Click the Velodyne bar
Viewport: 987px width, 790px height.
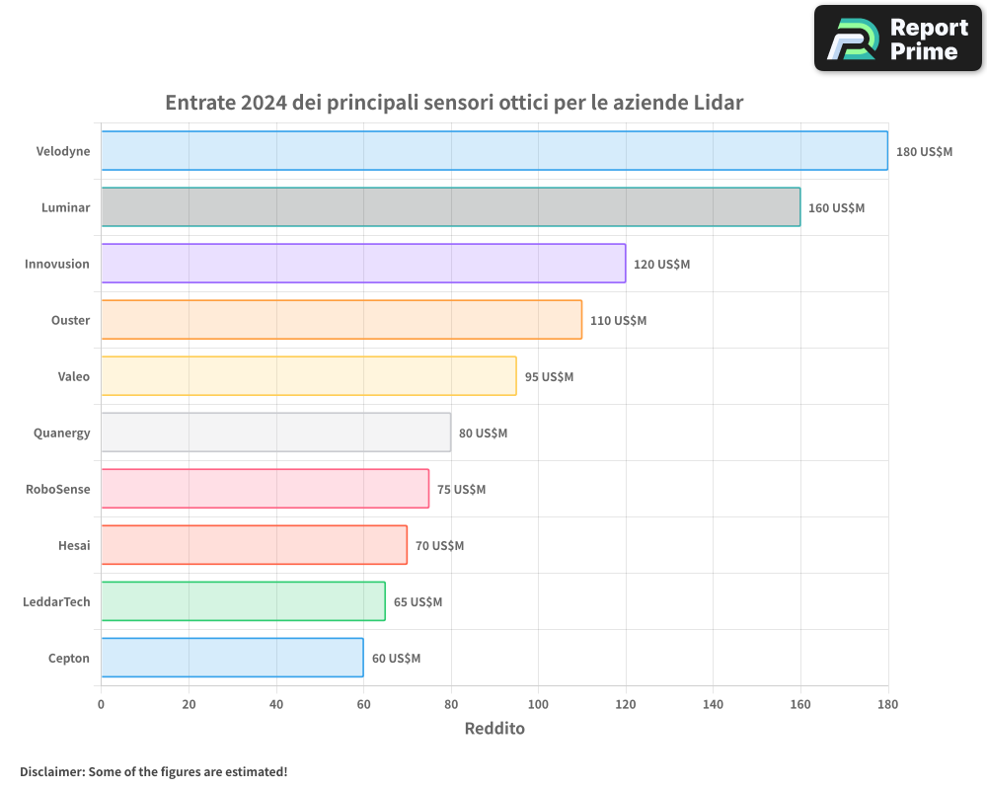point(493,151)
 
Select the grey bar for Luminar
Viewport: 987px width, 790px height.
point(450,207)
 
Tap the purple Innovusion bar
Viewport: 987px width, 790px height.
point(363,264)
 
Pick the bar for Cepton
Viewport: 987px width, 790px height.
point(232,658)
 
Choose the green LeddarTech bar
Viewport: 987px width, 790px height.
point(243,601)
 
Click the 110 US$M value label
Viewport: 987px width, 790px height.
point(618,321)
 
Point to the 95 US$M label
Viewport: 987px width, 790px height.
point(549,377)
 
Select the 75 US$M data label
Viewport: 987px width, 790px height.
point(462,490)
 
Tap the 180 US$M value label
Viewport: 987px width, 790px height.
point(924,152)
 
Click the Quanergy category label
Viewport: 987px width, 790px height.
point(61,433)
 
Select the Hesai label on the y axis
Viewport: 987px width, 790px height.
point(74,545)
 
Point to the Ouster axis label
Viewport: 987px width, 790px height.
point(70,320)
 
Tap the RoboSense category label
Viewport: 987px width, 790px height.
point(57,489)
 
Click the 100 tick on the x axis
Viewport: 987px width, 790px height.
point(538,705)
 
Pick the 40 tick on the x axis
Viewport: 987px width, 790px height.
point(275,705)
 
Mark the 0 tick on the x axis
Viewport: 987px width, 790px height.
point(101,705)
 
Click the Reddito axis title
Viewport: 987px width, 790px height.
point(494,729)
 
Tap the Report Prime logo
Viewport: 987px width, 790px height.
point(898,39)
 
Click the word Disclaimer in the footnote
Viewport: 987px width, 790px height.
point(50,771)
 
